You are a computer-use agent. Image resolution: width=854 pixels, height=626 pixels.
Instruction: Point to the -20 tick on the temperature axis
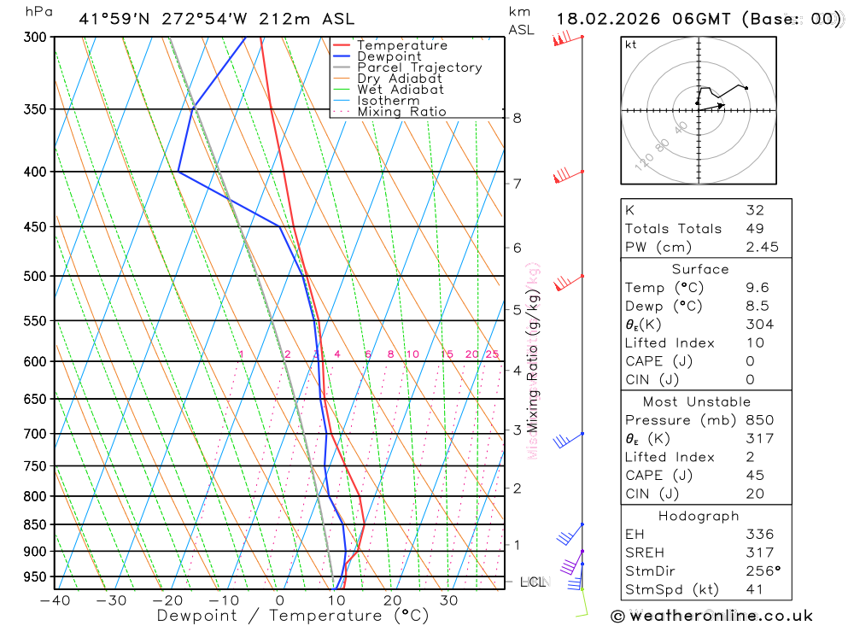[167, 600]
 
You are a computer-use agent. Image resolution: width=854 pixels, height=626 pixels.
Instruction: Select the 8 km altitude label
[517, 118]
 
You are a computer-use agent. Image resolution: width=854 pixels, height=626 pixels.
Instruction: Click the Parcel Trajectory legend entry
[418, 67]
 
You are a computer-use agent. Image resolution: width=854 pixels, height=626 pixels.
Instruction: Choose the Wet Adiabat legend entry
[400, 90]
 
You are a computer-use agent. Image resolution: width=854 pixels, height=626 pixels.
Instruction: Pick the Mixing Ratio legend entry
[401, 112]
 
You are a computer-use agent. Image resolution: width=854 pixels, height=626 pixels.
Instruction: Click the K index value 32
[754, 210]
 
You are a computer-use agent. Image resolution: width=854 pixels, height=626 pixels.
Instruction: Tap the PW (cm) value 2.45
[762, 248]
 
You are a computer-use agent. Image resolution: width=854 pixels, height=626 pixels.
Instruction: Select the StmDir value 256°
[763, 571]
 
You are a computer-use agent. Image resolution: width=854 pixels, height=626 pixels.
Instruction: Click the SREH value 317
[759, 553]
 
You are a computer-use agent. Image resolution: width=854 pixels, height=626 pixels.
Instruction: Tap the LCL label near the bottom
[532, 582]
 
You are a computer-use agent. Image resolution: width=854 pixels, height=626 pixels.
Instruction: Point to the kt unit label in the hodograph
[630, 44]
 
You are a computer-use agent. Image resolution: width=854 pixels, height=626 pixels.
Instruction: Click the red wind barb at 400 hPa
[564, 176]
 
